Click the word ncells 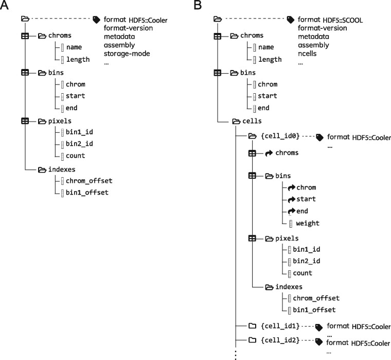309,53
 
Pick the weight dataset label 308,223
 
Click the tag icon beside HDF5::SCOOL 290,20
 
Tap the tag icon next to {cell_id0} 319,137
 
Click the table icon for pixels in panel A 25,121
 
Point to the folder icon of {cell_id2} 252,340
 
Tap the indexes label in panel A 64,168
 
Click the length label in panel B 270,59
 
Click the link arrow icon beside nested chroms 269,153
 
